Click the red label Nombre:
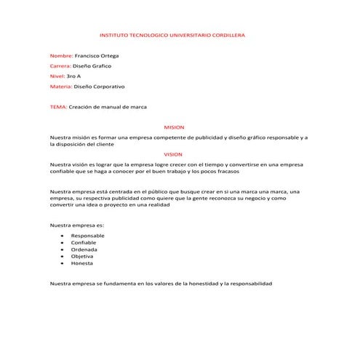pyautogui.click(x=61, y=55)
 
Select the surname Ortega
pyautogui.click(x=108, y=55)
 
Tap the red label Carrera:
pyautogui.click(x=60, y=65)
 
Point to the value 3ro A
pyautogui.click(x=73, y=76)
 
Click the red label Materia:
pyautogui.click(x=61, y=86)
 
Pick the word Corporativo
pyautogui.click(x=108, y=86)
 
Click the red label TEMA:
pyautogui.click(x=57, y=107)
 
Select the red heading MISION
pyautogui.click(x=175, y=127)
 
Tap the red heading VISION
pyautogui.click(x=174, y=154)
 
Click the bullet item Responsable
pyautogui.click(x=87, y=236)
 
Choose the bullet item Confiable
pyautogui.click(x=84, y=242)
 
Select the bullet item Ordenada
pyautogui.click(x=84, y=249)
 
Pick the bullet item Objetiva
pyautogui.click(x=82, y=256)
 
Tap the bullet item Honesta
pyautogui.click(x=82, y=263)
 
